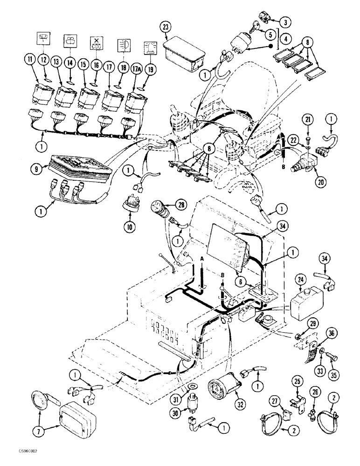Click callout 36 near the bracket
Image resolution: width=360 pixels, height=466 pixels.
coord(332,332)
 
